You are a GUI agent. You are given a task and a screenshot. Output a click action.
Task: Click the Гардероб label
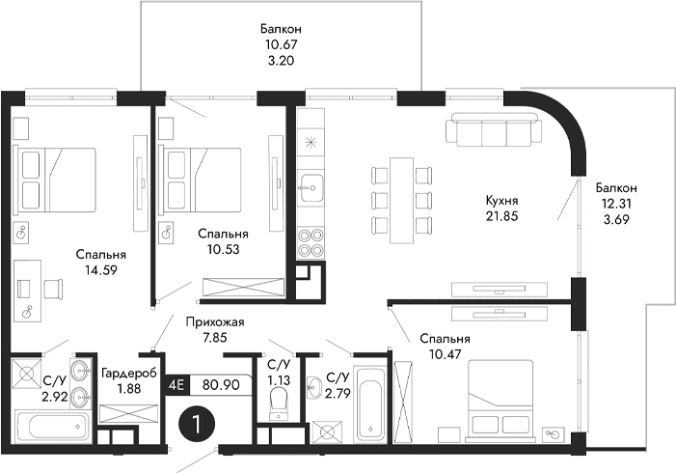coord(122,373)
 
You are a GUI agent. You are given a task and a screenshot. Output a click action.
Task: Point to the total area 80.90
coord(221,383)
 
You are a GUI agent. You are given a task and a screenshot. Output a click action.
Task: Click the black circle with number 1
coord(197,424)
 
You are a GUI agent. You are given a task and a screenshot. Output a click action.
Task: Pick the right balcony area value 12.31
coord(616,204)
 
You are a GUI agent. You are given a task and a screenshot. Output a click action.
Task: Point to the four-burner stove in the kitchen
coord(312,241)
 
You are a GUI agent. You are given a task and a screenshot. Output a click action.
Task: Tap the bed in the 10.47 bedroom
coord(497,403)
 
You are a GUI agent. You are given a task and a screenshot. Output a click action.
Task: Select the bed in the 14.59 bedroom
coord(58,179)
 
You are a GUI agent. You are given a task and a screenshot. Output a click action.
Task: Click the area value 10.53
coord(222,248)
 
